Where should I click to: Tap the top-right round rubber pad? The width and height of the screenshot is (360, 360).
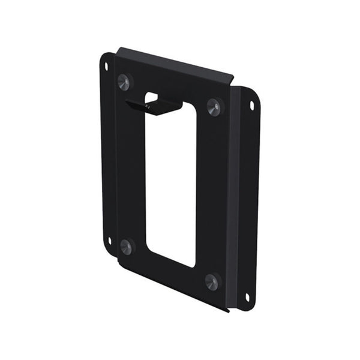click(x=214, y=106)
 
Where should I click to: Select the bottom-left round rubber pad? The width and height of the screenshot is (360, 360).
click(x=126, y=245)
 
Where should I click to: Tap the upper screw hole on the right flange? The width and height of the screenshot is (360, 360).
click(x=251, y=106)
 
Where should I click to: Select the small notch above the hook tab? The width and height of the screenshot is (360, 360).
click(x=151, y=96)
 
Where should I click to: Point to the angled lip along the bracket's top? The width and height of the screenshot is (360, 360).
click(x=174, y=63)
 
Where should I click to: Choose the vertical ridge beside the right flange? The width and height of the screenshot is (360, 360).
click(x=234, y=198)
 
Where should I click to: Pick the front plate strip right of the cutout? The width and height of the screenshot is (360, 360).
click(x=212, y=192)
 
